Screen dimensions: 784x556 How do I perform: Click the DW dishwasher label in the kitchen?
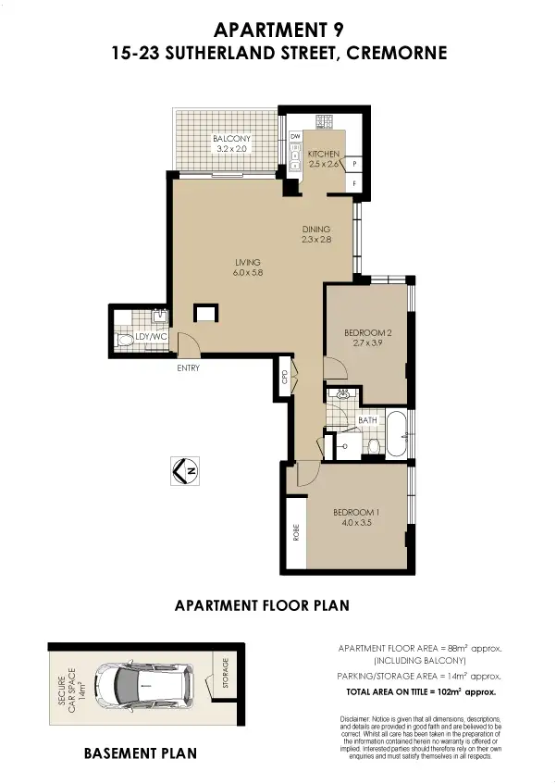(296, 137)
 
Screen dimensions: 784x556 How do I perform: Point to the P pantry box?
(355, 165)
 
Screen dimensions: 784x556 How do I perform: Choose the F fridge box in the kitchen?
(355, 184)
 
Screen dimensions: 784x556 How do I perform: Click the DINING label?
(316, 230)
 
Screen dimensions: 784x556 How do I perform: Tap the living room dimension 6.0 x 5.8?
(247, 273)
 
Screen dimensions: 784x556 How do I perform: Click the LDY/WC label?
(150, 338)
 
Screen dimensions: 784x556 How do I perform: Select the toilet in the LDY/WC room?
(125, 342)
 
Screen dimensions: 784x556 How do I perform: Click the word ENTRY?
(189, 367)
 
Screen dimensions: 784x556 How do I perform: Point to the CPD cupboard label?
(285, 377)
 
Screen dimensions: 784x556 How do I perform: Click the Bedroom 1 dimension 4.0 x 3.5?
(355, 523)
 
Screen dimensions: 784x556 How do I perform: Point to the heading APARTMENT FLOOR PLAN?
(262, 606)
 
